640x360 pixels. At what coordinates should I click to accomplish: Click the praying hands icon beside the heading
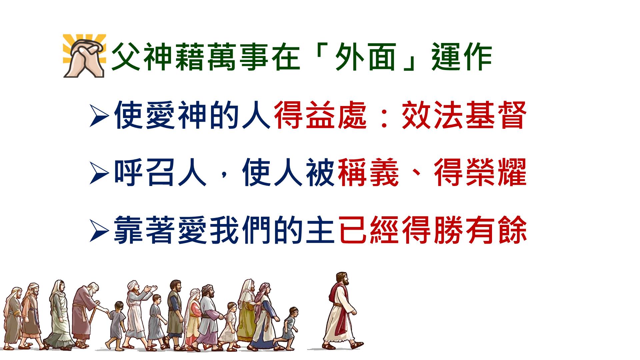point(85,56)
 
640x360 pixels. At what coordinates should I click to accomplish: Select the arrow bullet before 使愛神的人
point(99,116)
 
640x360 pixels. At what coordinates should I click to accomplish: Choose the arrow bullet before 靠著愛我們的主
point(99,231)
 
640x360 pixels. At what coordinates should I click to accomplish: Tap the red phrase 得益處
point(320,115)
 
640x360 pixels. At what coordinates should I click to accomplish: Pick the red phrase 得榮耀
point(480,173)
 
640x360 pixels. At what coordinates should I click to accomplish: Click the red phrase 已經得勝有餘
point(432,230)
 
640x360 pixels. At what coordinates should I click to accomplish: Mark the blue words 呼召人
point(160,173)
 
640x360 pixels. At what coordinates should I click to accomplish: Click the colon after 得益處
point(384,116)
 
